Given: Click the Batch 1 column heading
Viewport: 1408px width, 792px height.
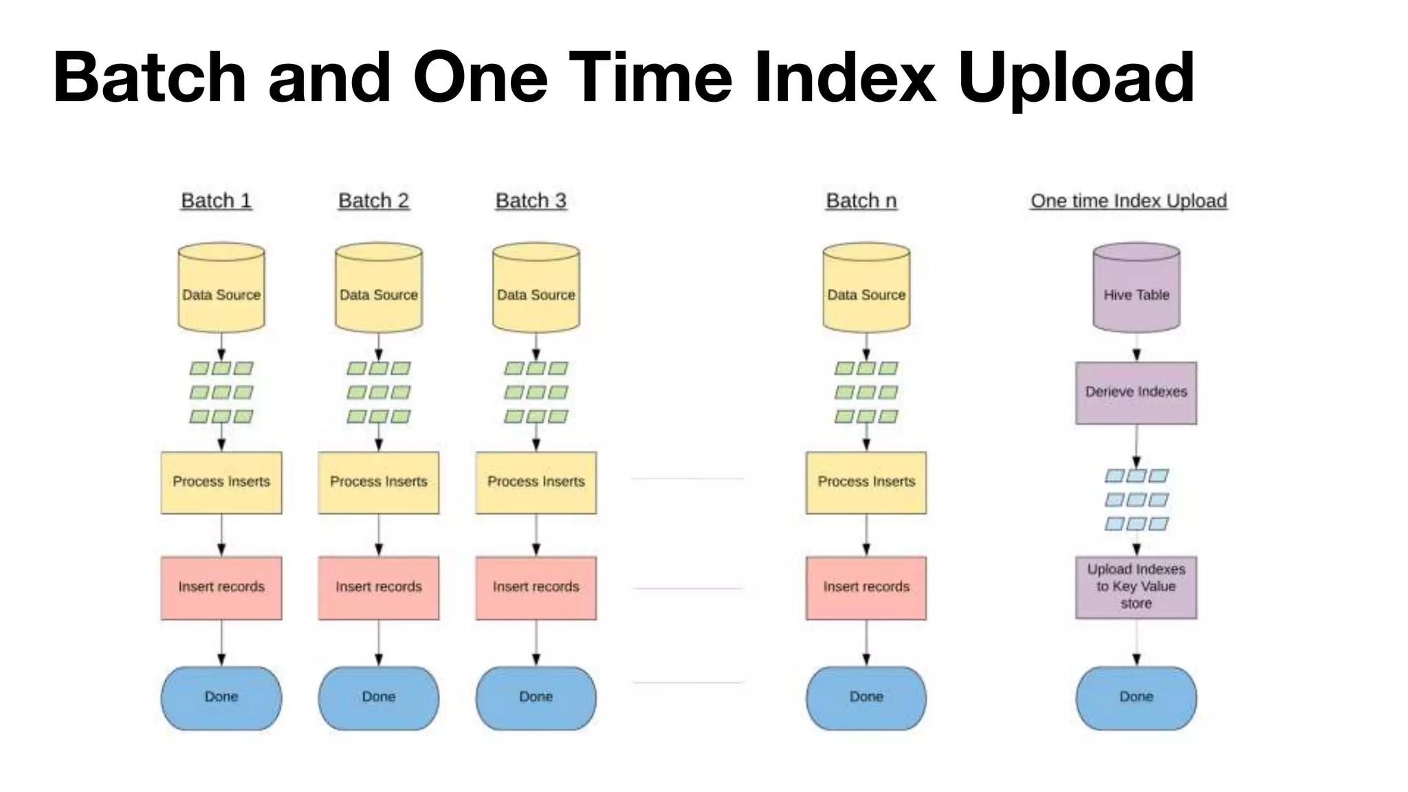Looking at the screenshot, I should pos(216,201).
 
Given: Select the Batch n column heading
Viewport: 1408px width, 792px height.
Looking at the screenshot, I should pos(861,201).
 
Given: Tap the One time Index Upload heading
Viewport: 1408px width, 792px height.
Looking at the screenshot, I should pos(1128,201).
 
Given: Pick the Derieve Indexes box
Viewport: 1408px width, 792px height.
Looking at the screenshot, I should pos(1136,393).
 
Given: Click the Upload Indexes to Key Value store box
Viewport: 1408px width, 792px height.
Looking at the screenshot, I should pos(1136,587).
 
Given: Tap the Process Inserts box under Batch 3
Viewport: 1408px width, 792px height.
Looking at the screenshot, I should pos(536,482).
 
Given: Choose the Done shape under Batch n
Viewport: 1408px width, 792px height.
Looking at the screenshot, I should pos(866,697).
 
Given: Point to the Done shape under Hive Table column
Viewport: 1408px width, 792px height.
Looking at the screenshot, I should pos(1136,697).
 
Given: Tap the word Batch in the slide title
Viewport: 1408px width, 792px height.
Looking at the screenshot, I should pos(149,77).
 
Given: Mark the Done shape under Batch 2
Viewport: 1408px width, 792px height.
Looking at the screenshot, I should pos(378,697).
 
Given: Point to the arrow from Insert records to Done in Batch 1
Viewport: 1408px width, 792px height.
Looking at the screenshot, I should pos(221,643).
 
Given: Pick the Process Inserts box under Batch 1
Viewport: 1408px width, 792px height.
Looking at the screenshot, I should pos(221,482).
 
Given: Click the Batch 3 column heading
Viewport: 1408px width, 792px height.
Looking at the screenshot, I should pos(531,201).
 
